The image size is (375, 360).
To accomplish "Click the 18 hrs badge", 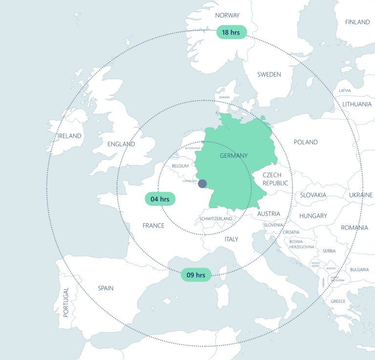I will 231,32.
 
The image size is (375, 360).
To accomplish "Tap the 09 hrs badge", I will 196,275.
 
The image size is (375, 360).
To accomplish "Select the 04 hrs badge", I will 160,199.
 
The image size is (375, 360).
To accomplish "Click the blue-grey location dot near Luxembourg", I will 202,183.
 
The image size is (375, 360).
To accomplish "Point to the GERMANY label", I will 233,155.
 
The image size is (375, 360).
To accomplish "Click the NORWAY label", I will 227,15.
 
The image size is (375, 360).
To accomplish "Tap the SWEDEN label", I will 269,74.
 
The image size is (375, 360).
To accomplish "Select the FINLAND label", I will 357,22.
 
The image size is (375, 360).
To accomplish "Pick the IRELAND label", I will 69,136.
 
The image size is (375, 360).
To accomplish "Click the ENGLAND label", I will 121,144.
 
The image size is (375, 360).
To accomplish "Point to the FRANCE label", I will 153,226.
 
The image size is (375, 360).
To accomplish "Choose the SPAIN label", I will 105,288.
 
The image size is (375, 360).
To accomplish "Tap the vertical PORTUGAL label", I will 66,302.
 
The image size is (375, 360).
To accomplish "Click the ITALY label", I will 231,239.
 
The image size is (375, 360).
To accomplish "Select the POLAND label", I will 306,142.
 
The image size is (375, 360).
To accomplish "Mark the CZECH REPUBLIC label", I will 275,179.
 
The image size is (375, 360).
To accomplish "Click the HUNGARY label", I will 313,215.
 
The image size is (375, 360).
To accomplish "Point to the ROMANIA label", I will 354,228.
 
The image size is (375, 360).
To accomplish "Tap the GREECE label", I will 338,301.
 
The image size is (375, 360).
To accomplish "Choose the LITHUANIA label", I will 356,104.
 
